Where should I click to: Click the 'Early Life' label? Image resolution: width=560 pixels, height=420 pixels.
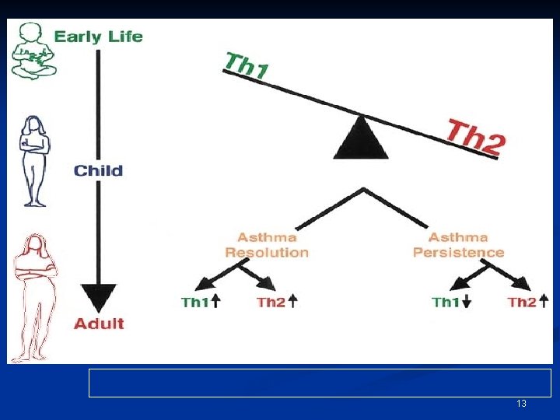point(98,37)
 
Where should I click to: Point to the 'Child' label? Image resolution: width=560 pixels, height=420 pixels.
point(98,170)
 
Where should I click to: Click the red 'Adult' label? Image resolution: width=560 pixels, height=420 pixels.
point(99,324)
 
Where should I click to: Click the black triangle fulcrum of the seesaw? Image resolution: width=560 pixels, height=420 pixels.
point(361,138)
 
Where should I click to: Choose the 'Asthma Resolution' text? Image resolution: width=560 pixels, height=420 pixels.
point(267,245)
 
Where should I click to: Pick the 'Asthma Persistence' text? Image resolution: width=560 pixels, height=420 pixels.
point(458,245)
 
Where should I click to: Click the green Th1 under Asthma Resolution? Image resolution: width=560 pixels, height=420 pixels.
point(194,303)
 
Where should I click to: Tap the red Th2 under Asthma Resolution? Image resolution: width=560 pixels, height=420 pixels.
point(271,303)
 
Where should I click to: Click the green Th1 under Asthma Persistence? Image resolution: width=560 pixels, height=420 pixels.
point(446,303)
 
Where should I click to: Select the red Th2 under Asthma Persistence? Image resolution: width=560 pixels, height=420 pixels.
point(522,303)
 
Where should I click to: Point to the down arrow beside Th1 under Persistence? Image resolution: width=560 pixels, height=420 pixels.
point(466,303)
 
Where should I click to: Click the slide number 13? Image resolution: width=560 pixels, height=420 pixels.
point(521,404)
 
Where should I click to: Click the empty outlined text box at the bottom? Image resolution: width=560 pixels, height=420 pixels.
point(320,383)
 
